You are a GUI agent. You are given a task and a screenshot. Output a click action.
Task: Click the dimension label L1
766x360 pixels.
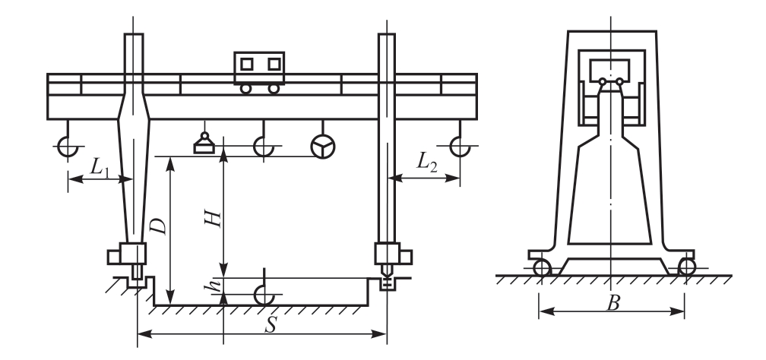click(x=100, y=169)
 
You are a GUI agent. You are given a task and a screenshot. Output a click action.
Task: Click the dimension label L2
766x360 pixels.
click(x=426, y=162)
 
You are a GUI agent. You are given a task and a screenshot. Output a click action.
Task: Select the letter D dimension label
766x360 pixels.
click(x=159, y=226)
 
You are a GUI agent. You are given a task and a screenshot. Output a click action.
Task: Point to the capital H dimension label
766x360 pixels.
click(x=213, y=219)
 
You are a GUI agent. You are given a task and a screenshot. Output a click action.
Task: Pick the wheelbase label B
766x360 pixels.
click(x=613, y=303)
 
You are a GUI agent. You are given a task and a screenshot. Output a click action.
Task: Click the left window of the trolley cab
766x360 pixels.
click(x=247, y=64)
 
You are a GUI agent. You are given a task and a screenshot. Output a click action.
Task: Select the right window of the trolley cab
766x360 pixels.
click(x=274, y=64)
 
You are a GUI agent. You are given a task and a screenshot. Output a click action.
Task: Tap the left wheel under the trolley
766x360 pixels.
click(x=245, y=88)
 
